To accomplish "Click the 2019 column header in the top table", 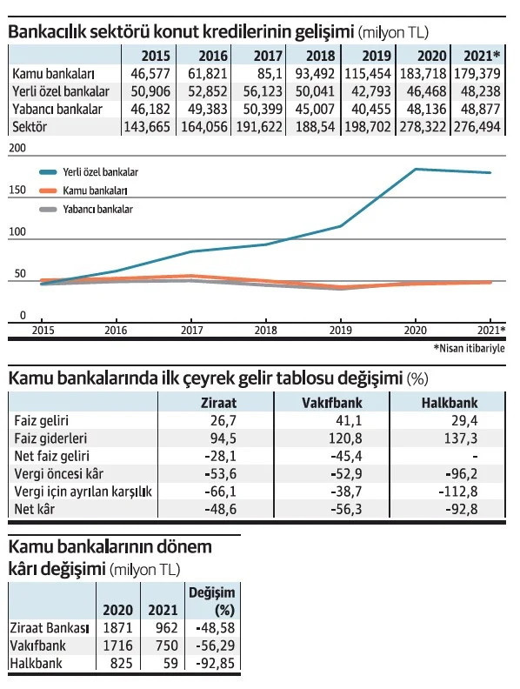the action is pos(377,56).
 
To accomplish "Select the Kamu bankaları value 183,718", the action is pos(423,73).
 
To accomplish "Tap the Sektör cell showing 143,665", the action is pos(147,127).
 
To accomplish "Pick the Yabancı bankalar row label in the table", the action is pos(57,109).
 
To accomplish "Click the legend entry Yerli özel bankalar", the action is pos(101,171).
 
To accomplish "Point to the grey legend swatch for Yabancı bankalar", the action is pos(48,210).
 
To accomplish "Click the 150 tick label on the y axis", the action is pos(17,190).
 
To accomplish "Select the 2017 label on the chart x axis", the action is pos(192,330).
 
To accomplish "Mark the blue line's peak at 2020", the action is pos(416,169).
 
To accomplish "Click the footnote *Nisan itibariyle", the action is pos(469,349).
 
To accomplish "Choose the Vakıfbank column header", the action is pos(332,403).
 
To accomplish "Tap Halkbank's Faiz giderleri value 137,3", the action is pos(461,438).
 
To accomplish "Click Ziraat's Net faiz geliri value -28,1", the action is pos(221,456).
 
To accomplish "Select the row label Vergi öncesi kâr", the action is pos(59,473).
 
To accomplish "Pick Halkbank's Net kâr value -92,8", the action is pos(462,509).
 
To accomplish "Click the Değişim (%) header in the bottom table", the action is pos(212,601).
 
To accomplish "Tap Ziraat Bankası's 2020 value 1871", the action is pos(117,627).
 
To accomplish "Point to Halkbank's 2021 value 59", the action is pos(170,663).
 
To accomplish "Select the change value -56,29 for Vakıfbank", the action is pos(215,645).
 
